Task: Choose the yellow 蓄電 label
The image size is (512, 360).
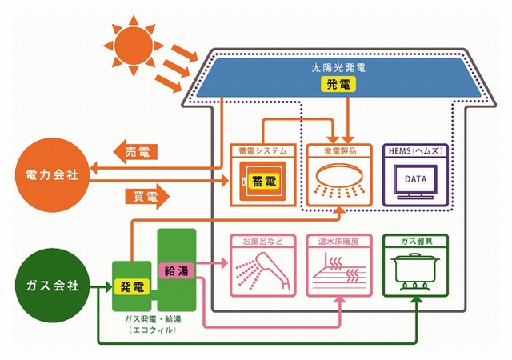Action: click(262, 182)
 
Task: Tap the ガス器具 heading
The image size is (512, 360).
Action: click(414, 239)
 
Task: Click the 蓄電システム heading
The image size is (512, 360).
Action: click(258, 150)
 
